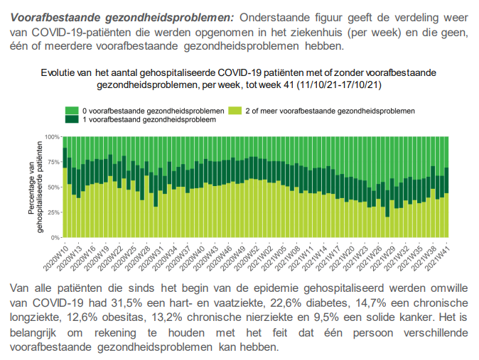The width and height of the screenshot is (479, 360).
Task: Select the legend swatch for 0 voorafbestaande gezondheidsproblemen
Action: pyautogui.click(x=72, y=111)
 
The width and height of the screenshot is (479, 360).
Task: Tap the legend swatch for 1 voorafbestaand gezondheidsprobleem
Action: pyautogui.click(x=72, y=120)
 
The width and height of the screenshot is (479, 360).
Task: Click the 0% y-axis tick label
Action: pyautogui.click(x=55, y=238)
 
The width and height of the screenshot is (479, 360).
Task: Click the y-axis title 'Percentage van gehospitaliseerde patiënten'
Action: pyautogui.click(x=36, y=186)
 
